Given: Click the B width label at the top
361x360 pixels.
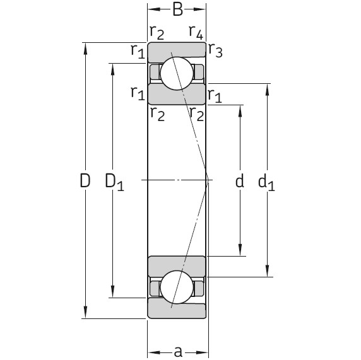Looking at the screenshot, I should tap(177, 9).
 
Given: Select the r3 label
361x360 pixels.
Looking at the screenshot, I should tap(215, 52).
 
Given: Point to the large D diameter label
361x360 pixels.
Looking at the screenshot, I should tap(85, 181).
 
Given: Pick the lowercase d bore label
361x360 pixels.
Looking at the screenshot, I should tap(239, 182).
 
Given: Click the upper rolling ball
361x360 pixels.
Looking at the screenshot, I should tap(176, 73).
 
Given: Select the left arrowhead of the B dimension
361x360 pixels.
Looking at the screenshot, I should tap(152, 9).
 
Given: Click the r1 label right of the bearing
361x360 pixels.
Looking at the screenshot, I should tap(215, 96).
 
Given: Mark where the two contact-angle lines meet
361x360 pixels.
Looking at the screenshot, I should tap(208, 180).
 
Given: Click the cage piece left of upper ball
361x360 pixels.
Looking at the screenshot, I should tap(155, 73).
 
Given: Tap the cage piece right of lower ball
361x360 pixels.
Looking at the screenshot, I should tap(199, 288).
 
